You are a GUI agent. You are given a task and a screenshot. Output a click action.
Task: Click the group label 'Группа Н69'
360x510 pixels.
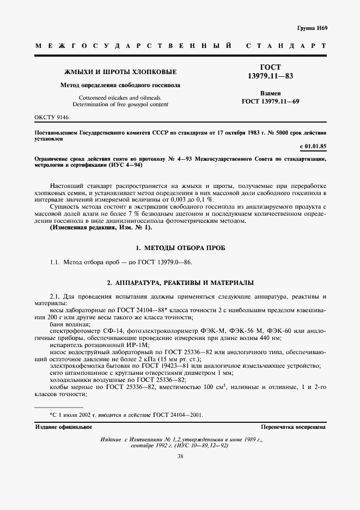312,28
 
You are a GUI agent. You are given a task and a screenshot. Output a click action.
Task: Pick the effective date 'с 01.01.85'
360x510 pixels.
313,147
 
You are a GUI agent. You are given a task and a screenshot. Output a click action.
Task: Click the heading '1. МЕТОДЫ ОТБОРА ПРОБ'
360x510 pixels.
180,247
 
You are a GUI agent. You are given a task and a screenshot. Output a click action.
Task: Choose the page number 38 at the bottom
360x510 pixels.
180,457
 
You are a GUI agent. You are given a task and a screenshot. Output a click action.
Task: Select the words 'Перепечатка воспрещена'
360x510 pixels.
294,427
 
